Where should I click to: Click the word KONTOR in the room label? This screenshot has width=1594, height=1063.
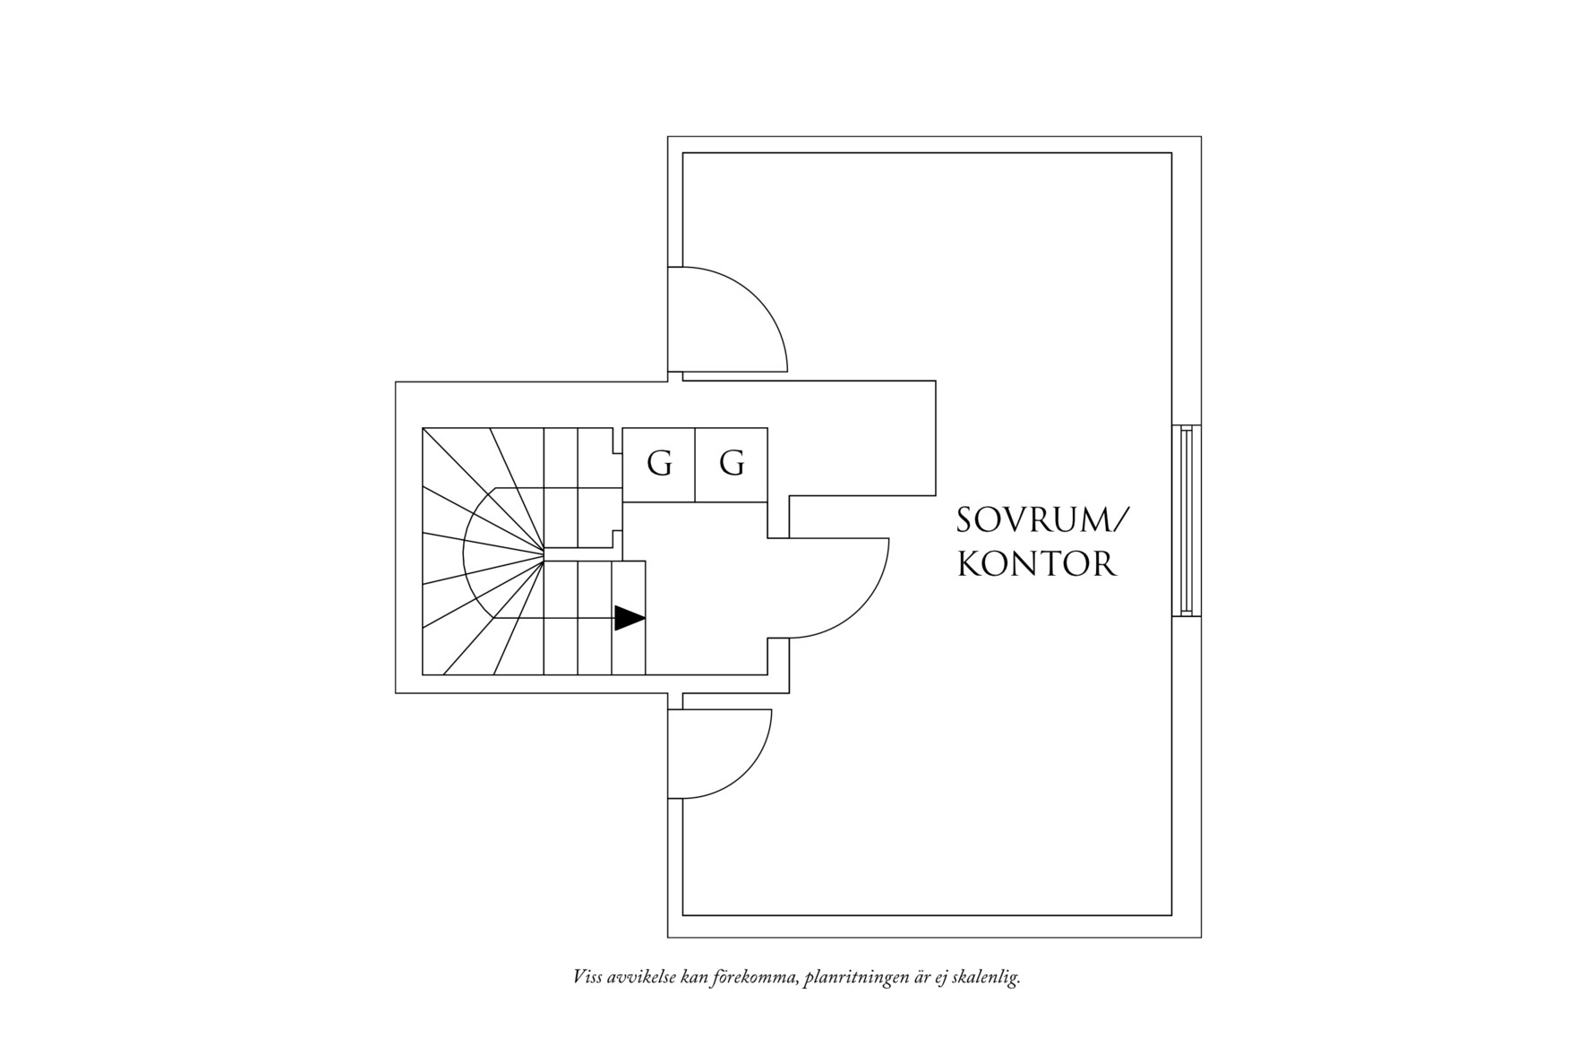click(1037, 564)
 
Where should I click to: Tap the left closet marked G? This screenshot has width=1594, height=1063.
click(658, 465)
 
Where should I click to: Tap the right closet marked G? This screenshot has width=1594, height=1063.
click(732, 465)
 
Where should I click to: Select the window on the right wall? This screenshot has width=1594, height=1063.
click(1186, 521)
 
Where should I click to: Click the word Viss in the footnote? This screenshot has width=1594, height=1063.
click(587, 977)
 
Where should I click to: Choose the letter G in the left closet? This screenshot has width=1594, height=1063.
click(659, 464)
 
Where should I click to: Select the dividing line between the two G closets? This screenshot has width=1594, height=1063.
click(695, 465)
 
